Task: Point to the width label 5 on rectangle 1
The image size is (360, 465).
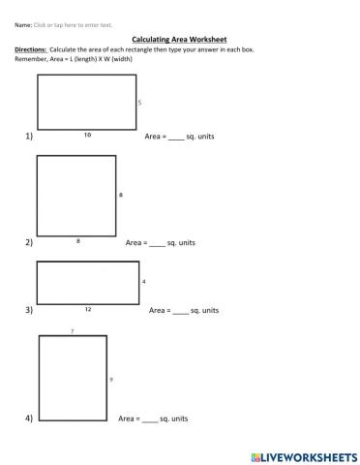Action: [x=139, y=102]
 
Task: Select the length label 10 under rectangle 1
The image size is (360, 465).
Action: [x=87, y=135]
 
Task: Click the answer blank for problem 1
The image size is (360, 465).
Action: [x=175, y=137]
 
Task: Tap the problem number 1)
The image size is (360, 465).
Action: [x=29, y=137]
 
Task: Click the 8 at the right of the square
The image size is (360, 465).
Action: [x=121, y=195]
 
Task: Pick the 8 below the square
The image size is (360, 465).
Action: [x=76, y=238]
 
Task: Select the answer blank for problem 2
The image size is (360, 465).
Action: [x=157, y=241]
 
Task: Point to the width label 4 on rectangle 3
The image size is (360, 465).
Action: [x=143, y=282]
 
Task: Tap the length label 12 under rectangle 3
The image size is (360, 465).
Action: [x=87, y=308]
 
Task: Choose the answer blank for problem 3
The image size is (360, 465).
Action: [x=180, y=310]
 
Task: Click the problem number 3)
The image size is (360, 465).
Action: [x=29, y=310]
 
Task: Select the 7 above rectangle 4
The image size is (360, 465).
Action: [x=73, y=331]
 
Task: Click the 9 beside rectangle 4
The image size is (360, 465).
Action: [x=111, y=379]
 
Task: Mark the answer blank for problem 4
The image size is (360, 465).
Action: [x=149, y=418]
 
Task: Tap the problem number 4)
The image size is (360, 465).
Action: [x=29, y=418]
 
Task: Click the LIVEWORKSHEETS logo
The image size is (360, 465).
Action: [x=303, y=455]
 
